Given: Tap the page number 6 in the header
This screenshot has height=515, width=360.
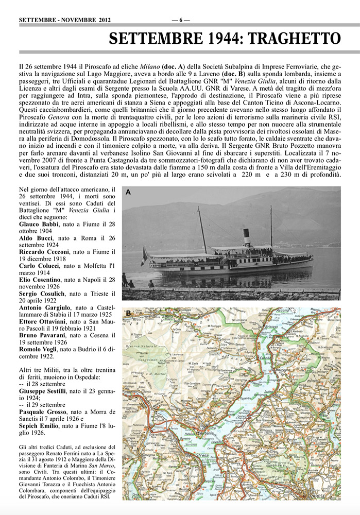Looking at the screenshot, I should pos(181,20).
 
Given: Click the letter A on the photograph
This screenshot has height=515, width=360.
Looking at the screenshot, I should pos(128,192).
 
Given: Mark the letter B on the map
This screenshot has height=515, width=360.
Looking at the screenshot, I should pos(128,313).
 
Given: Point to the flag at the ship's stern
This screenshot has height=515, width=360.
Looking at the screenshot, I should pos(144,255).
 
